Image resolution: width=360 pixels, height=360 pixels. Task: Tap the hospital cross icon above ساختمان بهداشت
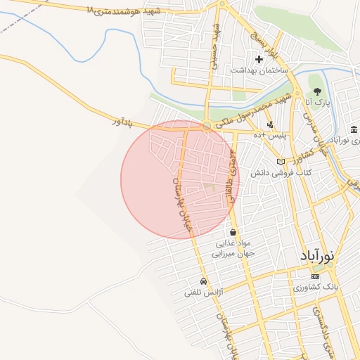point(259,60)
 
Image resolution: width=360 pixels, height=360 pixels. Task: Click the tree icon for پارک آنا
point(317,91)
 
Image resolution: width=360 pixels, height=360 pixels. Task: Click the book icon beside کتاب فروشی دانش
point(281,162)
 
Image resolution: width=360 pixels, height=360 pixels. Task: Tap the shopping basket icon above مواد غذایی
point(233,232)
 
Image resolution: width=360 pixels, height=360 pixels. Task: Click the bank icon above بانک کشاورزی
point(315,276)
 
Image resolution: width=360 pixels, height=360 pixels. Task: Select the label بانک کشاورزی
point(316,288)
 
